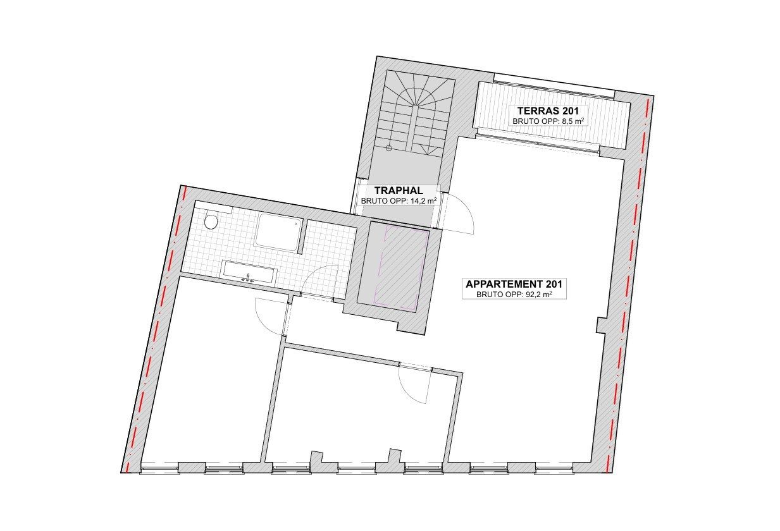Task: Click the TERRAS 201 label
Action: [x=548, y=111]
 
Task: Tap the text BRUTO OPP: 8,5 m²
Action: [x=548, y=121]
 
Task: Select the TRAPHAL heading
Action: [x=399, y=190]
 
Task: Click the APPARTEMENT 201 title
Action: [x=514, y=284]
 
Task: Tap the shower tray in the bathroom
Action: [x=278, y=232]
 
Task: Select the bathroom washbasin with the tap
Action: [x=250, y=272]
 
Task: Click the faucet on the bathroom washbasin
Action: [x=248, y=278]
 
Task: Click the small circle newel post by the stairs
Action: [x=389, y=148]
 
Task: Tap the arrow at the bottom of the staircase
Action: [x=430, y=150]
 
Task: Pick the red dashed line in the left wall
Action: [x=155, y=329]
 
